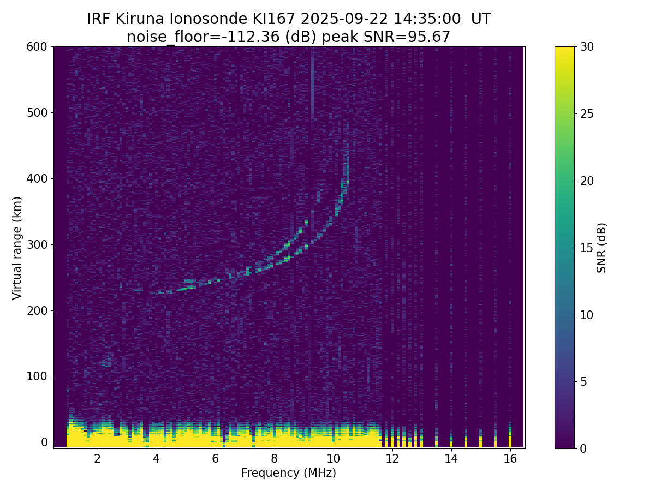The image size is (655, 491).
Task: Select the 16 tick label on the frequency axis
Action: coord(510,459)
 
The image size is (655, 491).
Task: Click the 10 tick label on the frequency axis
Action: coord(333,459)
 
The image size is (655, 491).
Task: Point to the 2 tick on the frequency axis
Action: coord(97,459)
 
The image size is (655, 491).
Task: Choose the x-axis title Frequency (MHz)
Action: coord(289,473)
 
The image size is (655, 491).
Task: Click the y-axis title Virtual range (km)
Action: coord(17,248)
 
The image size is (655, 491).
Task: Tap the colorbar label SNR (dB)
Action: coord(602,248)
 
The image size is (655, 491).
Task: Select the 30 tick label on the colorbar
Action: coord(587,47)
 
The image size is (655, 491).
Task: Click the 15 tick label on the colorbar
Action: coord(587,248)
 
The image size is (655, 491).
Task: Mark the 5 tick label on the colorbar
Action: coord(583,381)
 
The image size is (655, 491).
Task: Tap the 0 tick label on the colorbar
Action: coord(583,448)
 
